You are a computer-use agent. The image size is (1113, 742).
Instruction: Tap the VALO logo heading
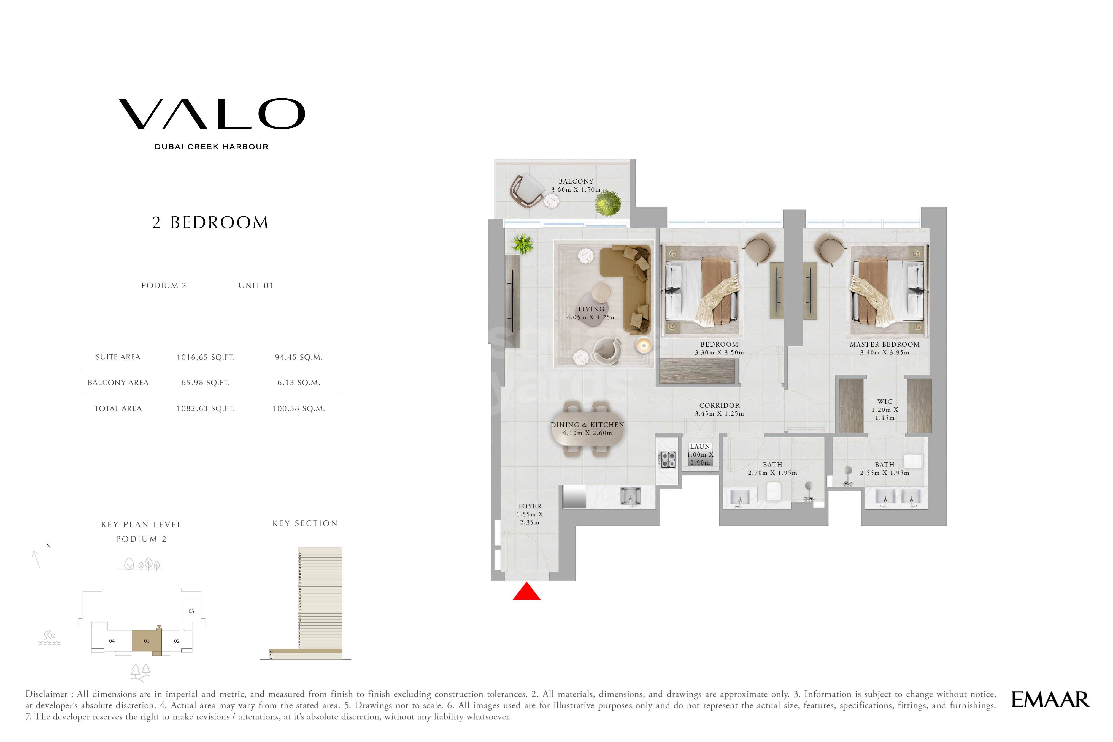[x=211, y=114]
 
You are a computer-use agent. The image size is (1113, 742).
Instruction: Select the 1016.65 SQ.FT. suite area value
[x=206, y=357]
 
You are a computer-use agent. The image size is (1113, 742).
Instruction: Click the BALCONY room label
[x=576, y=182]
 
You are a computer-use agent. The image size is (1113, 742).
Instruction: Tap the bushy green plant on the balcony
[x=608, y=203]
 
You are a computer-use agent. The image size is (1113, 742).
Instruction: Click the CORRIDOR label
[x=719, y=406]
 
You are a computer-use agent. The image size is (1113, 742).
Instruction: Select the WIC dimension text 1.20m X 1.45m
[x=884, y=414]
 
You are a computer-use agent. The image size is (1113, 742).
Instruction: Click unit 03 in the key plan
[x=191, y=611]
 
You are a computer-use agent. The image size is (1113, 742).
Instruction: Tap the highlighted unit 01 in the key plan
[x=146, y=641]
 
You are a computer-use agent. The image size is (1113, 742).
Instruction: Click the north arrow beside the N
[x=36, y=560]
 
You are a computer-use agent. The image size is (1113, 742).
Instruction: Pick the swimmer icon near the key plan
[x=49, y=637]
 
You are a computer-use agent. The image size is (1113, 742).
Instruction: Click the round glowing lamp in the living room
[x=643, y=345]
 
